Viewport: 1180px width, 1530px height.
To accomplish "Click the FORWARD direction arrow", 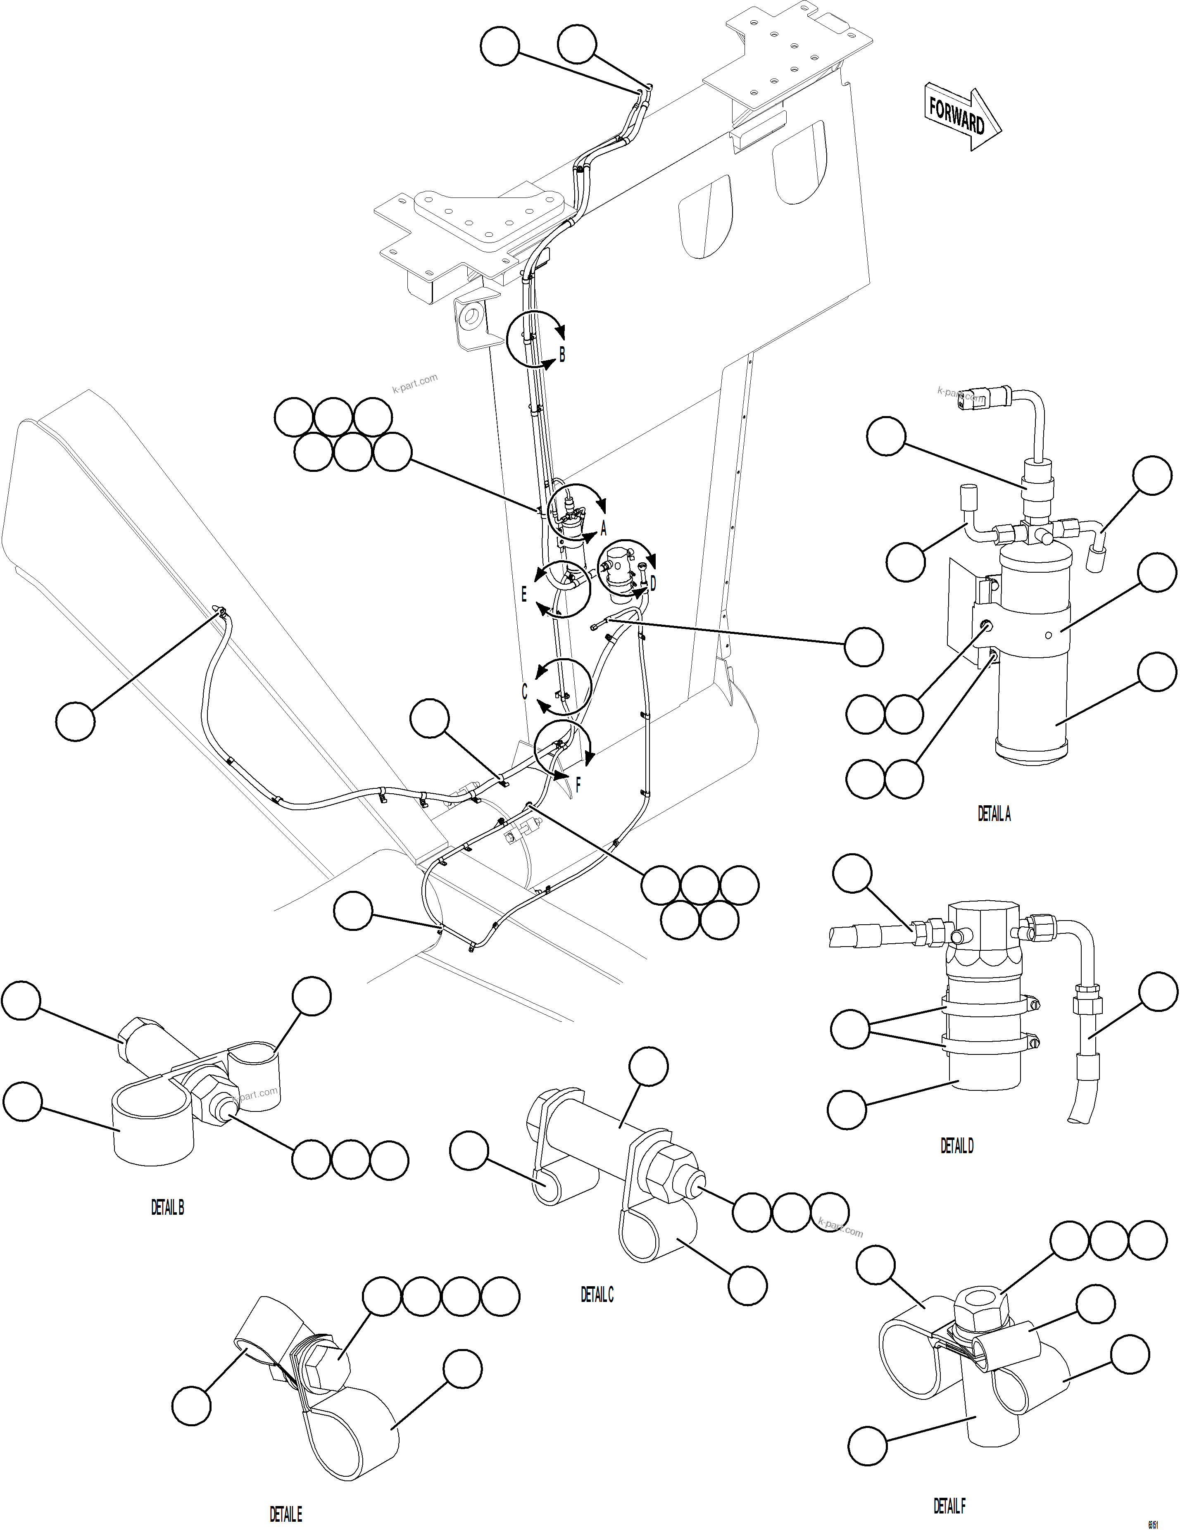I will coord(961,116).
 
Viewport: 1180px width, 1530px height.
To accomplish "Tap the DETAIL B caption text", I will coord(167,1207).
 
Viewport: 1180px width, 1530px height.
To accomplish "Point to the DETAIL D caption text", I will coord(956,1145).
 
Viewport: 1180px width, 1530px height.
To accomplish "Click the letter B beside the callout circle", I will coord(562,355).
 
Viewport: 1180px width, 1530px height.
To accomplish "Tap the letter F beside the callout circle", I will coord(578,785).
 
